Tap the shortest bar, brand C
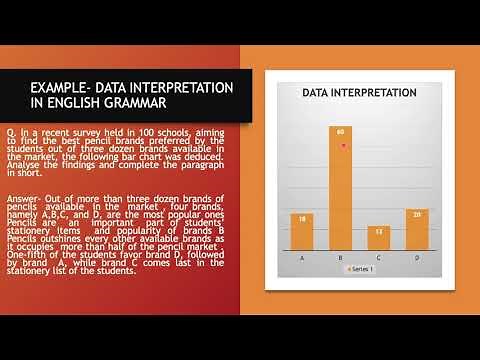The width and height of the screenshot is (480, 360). pos(379,240)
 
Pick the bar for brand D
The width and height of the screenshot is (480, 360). pos(417,231)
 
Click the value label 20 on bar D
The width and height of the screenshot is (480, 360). pos(417,214)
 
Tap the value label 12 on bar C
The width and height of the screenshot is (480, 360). pos(379,231)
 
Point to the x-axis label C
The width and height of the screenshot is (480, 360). pos(379,257)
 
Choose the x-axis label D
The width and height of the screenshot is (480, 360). pos(417,257)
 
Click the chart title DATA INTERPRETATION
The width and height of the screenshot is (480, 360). pos(359,92)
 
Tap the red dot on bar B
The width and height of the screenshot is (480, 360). pos(343,145)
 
